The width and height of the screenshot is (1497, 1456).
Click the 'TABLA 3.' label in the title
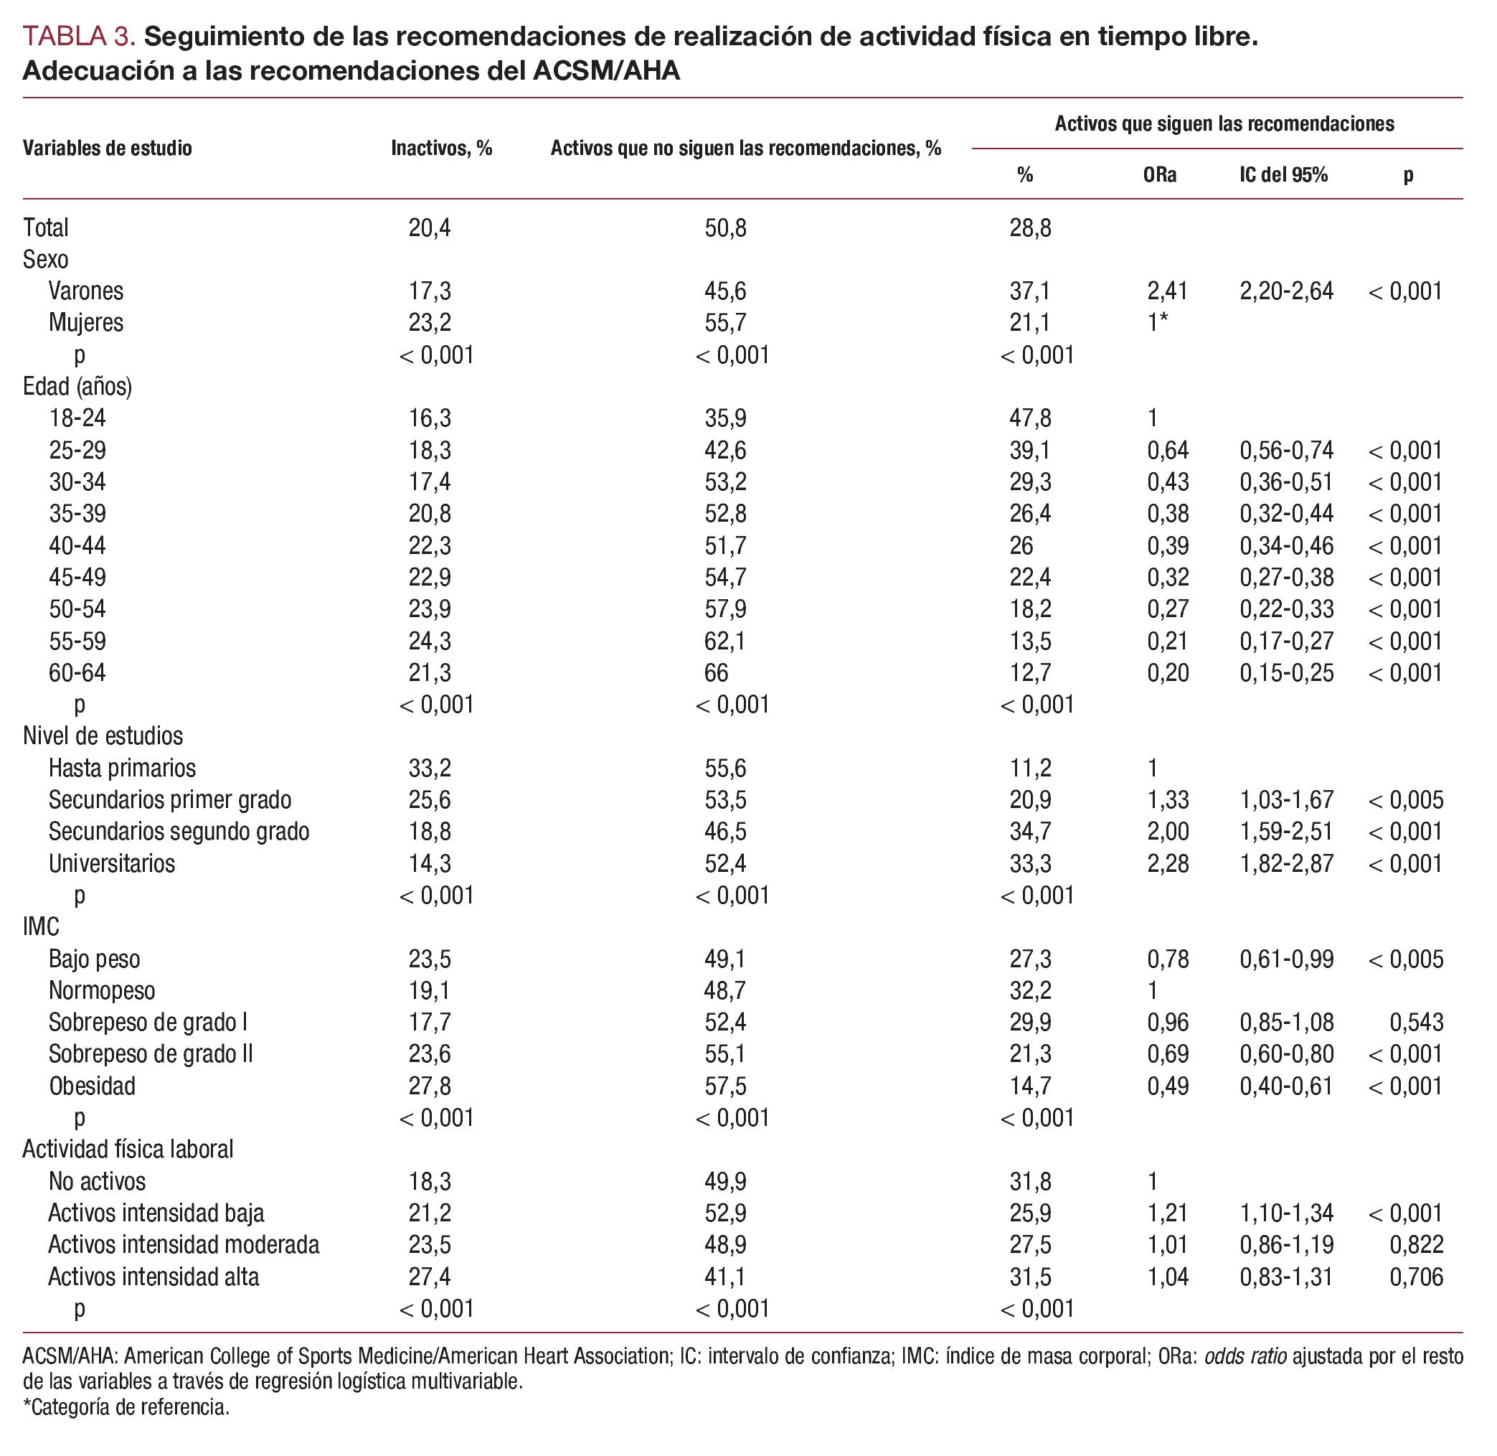[x=80, y=36]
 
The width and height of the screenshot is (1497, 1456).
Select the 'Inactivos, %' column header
[x=441, y=149]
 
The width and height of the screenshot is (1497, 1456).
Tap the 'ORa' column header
[x=1160, y=175]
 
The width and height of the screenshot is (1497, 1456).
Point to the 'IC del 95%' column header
[x=1284, y=175]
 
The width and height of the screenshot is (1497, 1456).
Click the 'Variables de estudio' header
[x=107, y=149]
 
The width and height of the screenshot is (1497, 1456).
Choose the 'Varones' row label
[x=85, y=291]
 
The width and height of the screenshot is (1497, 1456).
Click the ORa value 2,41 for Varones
[x=1168, y=291]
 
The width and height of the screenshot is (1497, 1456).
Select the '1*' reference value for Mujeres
[x=1158, y=323]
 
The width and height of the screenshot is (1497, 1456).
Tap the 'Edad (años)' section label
[x=77, y=387]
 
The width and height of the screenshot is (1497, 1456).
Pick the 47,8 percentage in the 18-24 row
[x=1030, y=418]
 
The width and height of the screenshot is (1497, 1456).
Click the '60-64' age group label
[x=77, y=673]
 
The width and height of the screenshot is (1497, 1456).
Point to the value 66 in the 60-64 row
[x=717, y=673]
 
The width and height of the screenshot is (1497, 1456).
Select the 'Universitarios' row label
[x=112, y=864]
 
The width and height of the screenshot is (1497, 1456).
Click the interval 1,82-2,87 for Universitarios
[x=1287, y=864]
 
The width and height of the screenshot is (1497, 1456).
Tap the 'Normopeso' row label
[x=102, y=991]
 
